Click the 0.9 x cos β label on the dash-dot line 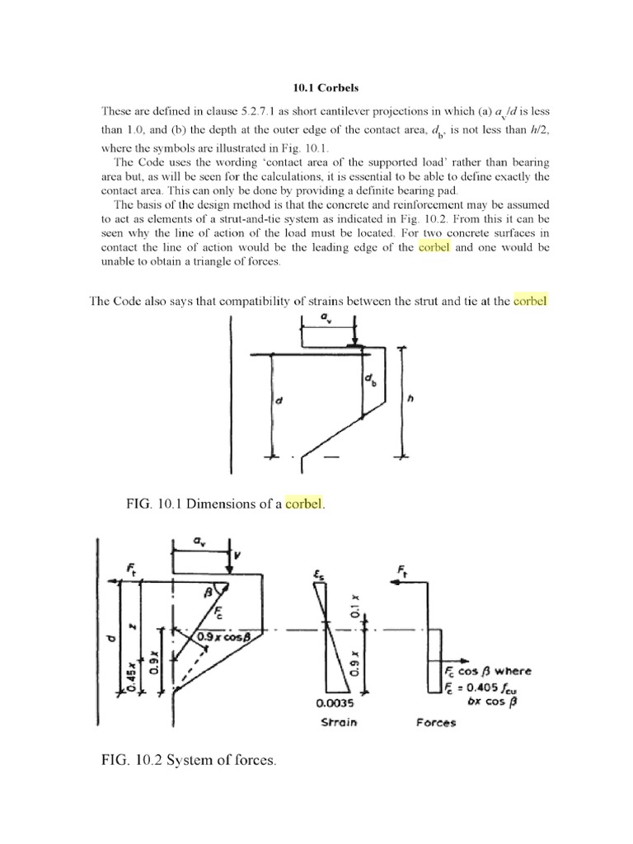pyautogui.click(x=223, y=635)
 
